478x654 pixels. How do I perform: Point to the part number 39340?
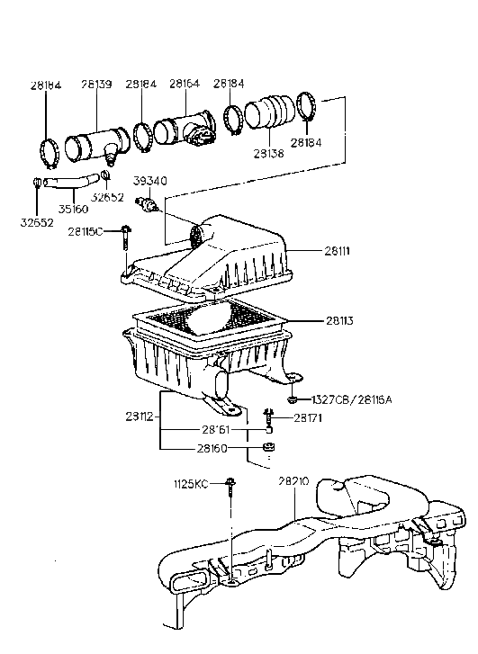151,180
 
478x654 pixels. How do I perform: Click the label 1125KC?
191,485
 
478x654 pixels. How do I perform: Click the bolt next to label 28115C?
125,234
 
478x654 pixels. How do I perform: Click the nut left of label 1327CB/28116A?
293,399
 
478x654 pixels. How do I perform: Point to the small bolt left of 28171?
267,417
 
